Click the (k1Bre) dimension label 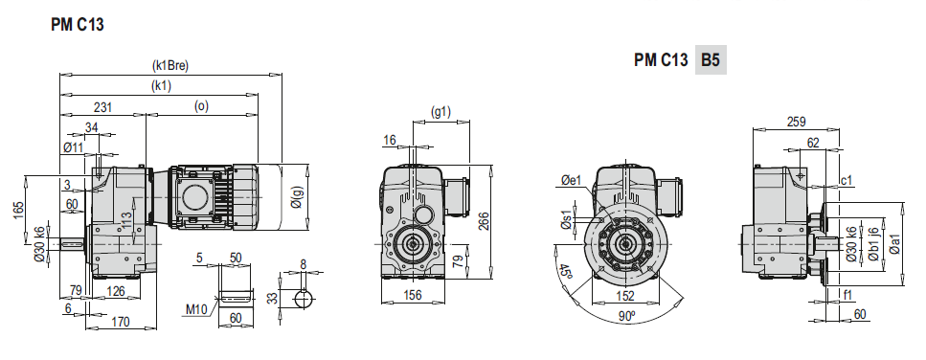(169, 66)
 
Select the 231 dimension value (102, 107)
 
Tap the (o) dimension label (201, 106)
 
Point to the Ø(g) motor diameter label (297, 200)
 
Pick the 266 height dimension (483, 221)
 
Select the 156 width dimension (412, 295)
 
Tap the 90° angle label (625, 316)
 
